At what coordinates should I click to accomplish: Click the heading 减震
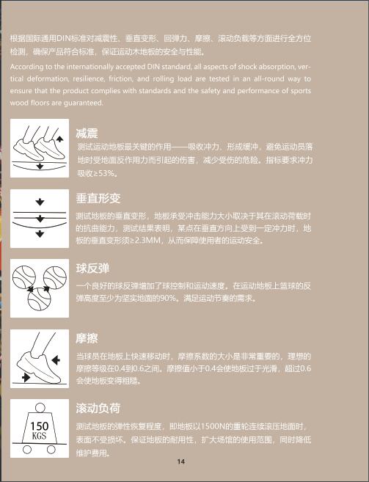point(87,134)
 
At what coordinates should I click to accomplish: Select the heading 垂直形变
point(98,198)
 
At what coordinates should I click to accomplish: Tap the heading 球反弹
point(92,269)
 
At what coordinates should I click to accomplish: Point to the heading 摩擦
point(87,338)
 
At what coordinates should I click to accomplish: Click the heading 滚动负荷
point(98,408)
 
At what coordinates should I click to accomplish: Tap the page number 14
point(180,461)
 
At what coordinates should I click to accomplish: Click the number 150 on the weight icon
point(40,426)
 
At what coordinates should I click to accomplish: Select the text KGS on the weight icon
point(39,436)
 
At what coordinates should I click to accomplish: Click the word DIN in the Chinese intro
point(64,38)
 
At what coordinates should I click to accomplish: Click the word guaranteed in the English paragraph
point(83,103)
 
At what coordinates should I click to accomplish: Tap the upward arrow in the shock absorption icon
point(59,139)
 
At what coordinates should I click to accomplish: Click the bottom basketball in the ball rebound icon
point(40,299)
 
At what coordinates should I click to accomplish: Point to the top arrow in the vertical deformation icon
point(40,202)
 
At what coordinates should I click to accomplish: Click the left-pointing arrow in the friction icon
point(56,359)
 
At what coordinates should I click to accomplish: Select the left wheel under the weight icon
point(27,450)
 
